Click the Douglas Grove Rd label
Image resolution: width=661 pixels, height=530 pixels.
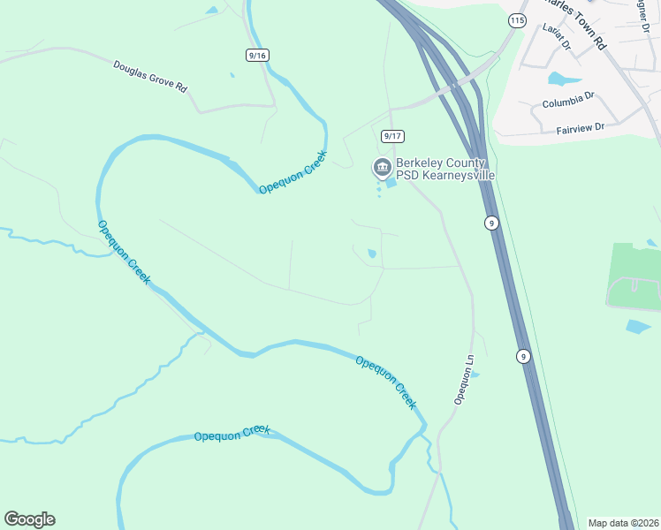(x=150, y=76)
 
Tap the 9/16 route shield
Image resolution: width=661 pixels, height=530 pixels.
(x=257, y=55)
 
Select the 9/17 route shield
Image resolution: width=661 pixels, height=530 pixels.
(x=392, y=136)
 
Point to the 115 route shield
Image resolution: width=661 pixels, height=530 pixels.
(x=517, y=19)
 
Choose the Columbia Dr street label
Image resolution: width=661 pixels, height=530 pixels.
(x=569, y=103)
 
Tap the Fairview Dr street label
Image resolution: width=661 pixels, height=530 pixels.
(x=580, y=128)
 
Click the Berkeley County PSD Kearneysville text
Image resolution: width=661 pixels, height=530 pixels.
(x=444, y=169)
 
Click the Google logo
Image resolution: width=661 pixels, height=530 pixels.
(x=29, y=519)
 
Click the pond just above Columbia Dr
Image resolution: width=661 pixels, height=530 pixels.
(x=558, y=79)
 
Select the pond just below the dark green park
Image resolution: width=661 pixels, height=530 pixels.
(x=637, y=327)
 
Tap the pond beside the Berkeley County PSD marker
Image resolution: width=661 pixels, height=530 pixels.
(x=390, y=183)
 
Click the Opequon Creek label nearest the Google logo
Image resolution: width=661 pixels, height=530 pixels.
(x=232, y=433)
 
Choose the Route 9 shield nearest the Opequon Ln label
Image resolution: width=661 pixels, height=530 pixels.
(x=523, y=356)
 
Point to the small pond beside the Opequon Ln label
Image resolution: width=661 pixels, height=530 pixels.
(x=475, y=375)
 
